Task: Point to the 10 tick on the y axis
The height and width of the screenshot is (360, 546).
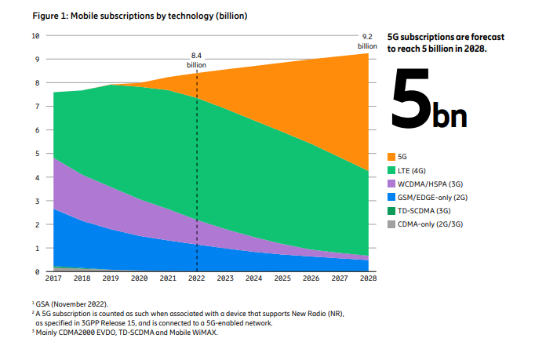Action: [x=35, y=35]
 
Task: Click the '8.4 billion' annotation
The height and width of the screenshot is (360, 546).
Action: [x=196, y=60]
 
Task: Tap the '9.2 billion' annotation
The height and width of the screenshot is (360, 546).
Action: [x=367, y=41]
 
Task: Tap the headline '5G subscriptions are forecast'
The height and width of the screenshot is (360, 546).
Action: [x=446, y=37]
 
